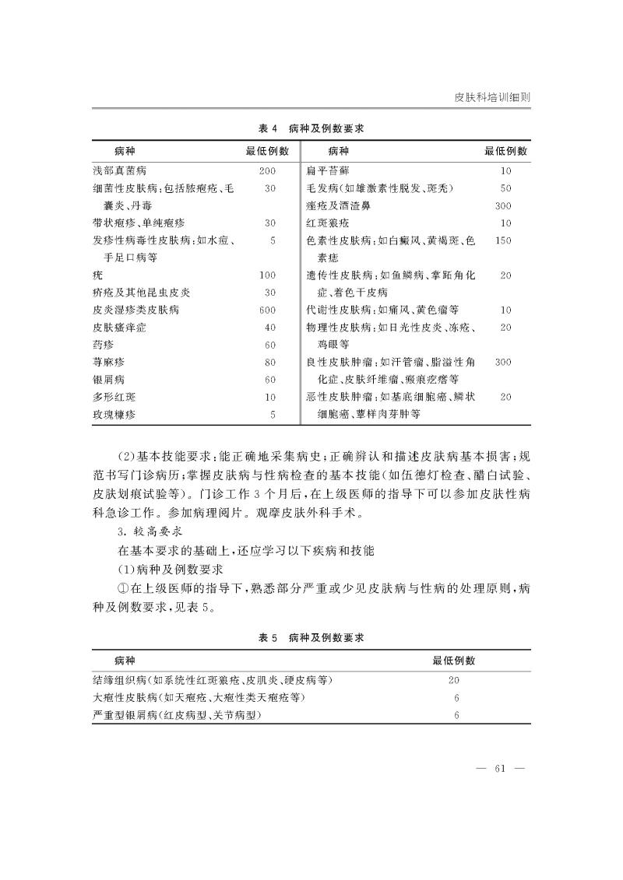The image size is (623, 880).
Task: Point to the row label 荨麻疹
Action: [x=108, y=362]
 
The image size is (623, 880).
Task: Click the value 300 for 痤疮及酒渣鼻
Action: [x=503, y=205]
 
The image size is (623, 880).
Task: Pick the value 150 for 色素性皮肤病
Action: [x=503, y=240]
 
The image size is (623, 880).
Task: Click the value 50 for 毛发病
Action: [x=505, y=188]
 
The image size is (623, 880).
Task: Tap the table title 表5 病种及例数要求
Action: [x=311, y=637]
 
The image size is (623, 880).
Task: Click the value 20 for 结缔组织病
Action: [x=455, y=680]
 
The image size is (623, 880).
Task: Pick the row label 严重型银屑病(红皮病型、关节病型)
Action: [x=177, y=715]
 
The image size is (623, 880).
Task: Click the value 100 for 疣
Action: [x=268, y=275]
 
